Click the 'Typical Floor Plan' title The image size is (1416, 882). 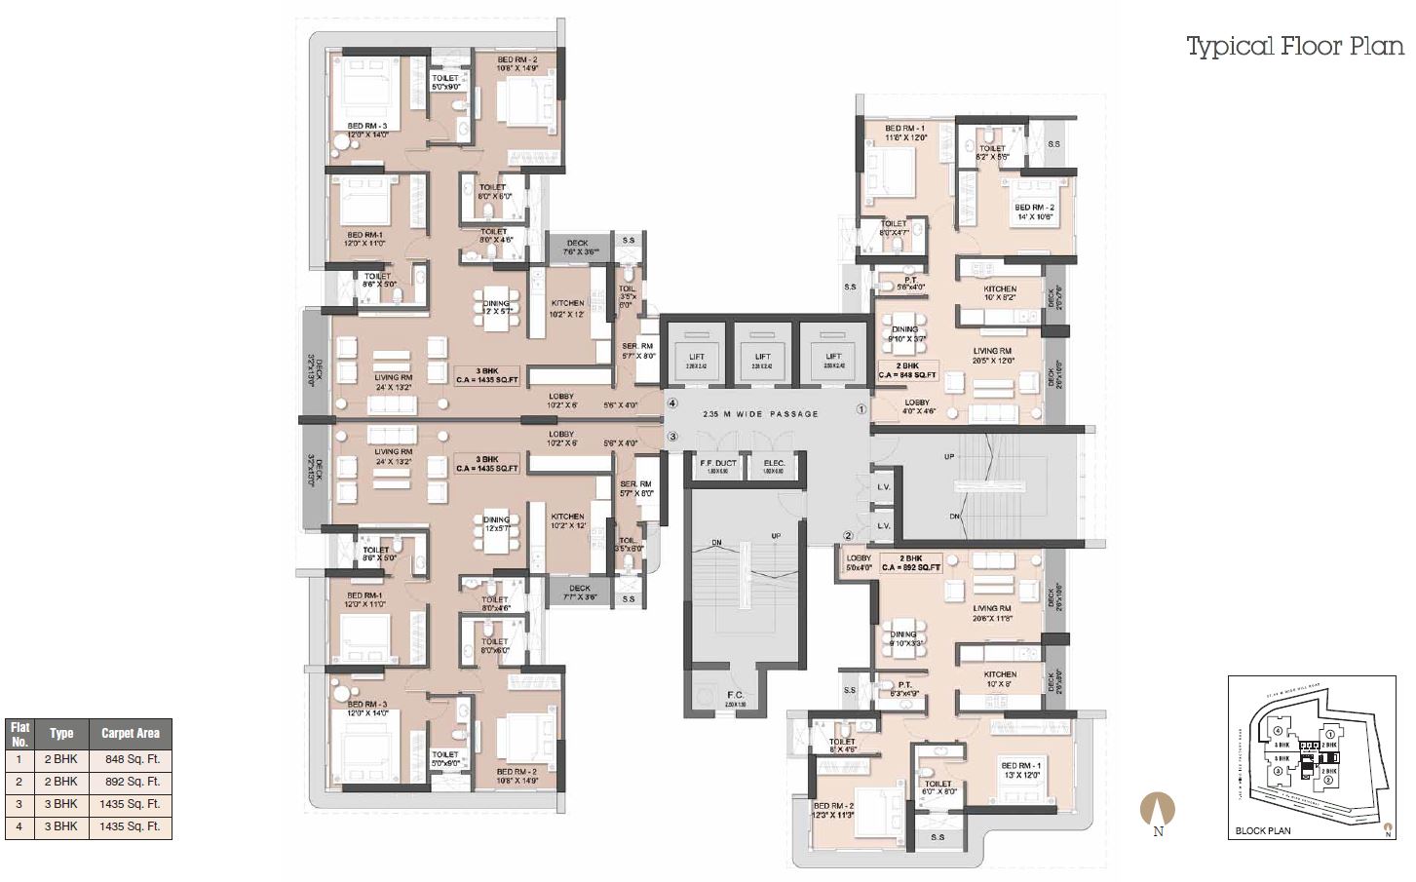1294,46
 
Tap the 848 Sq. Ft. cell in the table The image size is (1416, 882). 131,759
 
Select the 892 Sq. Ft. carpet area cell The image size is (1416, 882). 131,782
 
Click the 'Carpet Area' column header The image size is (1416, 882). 131,734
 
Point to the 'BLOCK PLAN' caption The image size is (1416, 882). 1262,830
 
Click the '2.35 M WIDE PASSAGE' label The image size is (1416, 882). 761,414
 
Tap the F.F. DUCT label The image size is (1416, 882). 718,464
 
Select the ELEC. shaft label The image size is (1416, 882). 775,464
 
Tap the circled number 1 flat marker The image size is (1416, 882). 861,410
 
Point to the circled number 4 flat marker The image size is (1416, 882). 671,403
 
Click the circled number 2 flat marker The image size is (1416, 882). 848,535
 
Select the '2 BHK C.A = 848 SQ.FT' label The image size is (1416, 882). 907,370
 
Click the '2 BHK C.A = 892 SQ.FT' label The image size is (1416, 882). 911,562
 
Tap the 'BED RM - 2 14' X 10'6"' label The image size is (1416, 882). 1034,212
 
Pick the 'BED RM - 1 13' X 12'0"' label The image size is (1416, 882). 1020,770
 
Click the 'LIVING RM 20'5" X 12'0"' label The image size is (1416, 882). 993,356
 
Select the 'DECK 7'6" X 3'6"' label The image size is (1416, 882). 577,248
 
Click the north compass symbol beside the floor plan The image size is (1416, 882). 1158,812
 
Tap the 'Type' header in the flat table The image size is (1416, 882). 61,734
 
